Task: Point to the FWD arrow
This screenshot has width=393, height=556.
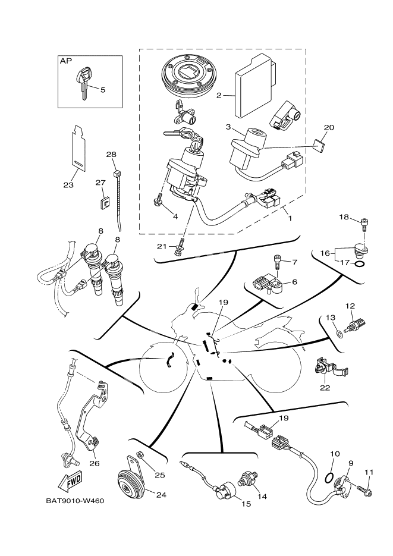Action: click(71, 479)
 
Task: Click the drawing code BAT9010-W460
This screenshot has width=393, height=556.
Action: click(74, 501)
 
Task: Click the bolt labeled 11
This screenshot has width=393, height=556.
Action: click(364, 491)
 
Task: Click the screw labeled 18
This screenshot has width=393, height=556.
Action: click(364, 224)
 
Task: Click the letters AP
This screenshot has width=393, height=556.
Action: click(65, 61)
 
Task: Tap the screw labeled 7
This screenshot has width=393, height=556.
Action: click(278, 260)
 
